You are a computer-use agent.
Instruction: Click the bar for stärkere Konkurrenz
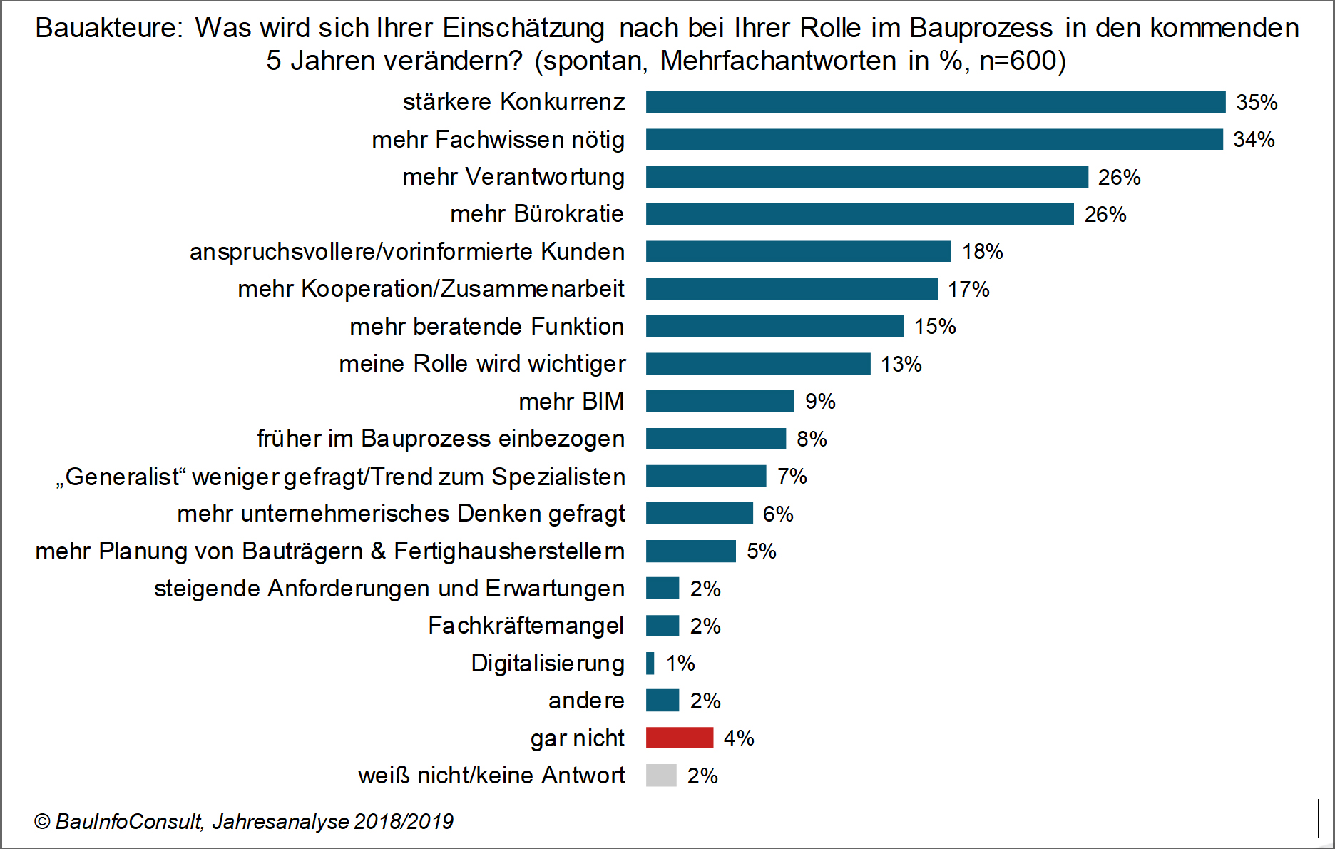935,102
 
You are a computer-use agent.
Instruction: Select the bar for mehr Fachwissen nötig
934,139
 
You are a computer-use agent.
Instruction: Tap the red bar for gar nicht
679,738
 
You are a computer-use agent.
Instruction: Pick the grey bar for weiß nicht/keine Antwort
661,776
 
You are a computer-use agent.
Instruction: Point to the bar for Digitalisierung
650,664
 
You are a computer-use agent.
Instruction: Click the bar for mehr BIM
720,401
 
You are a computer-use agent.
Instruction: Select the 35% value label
1257,102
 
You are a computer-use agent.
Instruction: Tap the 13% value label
901,364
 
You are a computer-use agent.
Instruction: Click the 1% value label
680,664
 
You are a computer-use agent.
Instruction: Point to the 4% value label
739,738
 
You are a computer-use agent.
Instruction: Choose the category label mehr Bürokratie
537,214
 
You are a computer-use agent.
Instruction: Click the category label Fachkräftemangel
526,626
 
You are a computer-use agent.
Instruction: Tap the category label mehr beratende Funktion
486,326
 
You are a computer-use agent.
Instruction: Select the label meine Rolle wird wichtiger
482,364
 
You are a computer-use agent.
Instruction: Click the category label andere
586,701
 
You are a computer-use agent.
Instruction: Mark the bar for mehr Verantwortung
866,177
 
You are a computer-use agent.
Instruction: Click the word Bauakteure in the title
109,28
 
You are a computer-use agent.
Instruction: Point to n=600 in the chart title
1018,61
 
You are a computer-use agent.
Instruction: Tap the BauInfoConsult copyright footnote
243,822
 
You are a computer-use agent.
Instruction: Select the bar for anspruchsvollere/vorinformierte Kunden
798,251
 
